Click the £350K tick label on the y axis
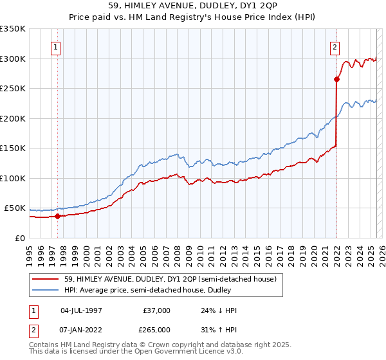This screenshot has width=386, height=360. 13,29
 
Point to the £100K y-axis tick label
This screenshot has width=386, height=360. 13,178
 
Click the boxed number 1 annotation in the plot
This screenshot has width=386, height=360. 57,47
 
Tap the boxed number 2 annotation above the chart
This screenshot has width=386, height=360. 335,47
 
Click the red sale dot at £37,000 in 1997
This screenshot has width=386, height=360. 57,216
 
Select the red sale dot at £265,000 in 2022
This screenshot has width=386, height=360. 336,80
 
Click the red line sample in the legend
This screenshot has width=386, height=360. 46,279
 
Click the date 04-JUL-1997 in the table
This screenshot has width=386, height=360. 81,310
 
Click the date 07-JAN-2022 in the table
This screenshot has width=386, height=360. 81,328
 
